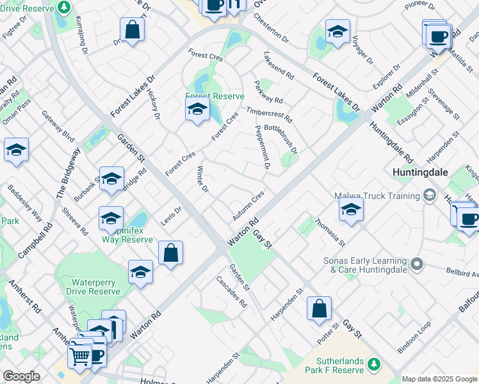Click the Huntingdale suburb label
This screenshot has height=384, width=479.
click(420, 173)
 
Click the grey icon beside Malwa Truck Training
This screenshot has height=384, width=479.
click(429, 195)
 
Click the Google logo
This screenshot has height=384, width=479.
click(21, 376)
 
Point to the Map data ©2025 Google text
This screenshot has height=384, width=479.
click(439, 379)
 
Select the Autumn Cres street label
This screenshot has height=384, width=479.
click(248, 204)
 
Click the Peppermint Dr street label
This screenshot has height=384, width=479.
click(262, 148)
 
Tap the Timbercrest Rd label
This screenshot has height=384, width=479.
click(269, 115)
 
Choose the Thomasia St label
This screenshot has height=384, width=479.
click(330, 233)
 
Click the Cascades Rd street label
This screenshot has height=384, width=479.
click(231, 292)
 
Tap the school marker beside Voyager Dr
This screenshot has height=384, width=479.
click(337, 32)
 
